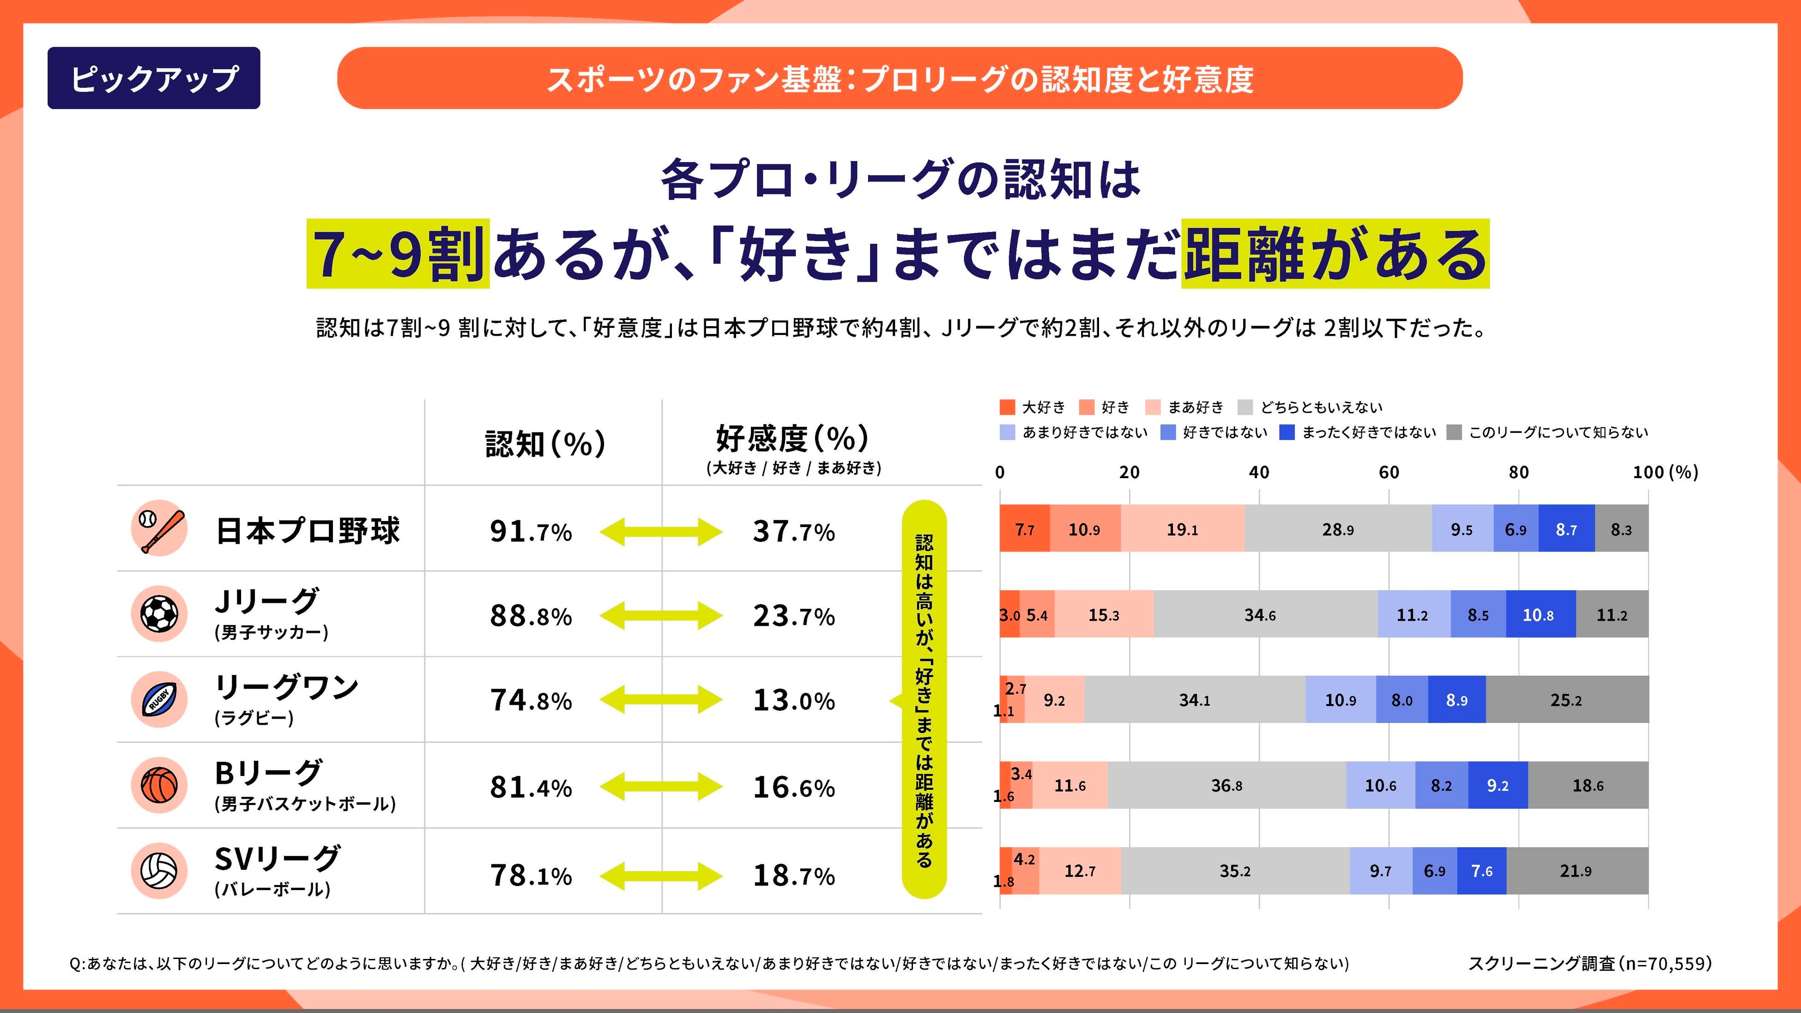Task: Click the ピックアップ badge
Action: point(154,78)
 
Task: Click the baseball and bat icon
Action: point(159,528)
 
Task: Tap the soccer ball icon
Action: point(159,614)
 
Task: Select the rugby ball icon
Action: point(159,699)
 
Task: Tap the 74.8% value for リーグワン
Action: point(531,700)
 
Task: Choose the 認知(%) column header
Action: point(545,444)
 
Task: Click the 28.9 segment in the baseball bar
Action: point(1337,530)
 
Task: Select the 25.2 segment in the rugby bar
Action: point(1566,700)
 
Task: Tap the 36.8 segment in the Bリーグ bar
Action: point(1227,786)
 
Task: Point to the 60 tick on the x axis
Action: point(1389,473)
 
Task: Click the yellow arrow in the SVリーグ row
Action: point(661,876)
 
